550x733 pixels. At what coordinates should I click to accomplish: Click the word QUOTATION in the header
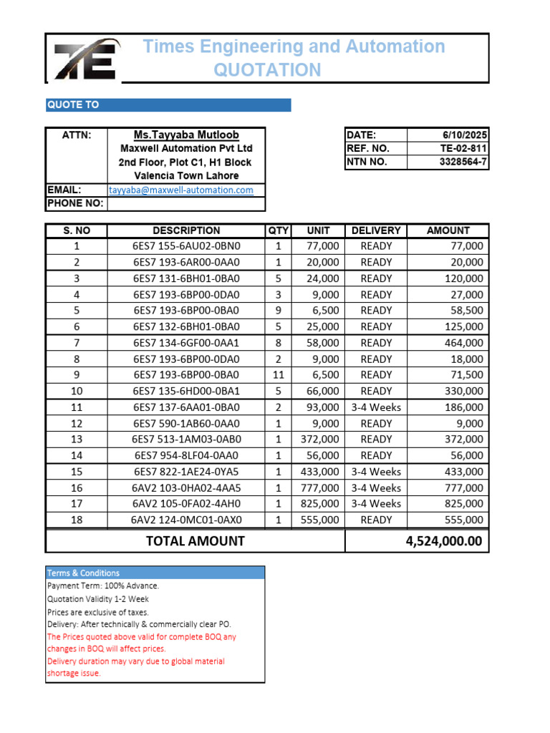tap(268, 70)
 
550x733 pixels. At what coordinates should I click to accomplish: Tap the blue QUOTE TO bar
tap(168, 105)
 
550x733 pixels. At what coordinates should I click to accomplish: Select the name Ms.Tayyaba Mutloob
tap(186, 135)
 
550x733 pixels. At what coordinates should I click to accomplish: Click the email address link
tap(181, 190)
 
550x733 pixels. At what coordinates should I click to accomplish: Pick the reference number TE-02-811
tap(463, 148)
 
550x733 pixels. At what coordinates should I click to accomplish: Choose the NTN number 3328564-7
tap(463, 162)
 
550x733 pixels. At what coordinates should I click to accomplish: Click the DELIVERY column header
tap(376, 230)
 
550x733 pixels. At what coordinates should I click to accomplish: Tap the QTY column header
tap(278, 230)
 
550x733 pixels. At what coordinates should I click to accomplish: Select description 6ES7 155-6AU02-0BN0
tap(186, 246)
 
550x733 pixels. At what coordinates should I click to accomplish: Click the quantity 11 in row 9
tap(278, 375)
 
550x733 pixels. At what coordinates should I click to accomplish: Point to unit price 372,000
tap(320, 440)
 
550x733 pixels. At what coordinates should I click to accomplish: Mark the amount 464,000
tap(464, 343)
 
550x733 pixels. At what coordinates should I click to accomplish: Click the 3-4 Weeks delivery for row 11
tap(376, 407)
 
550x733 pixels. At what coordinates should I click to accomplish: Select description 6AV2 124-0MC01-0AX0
tap(186, 520)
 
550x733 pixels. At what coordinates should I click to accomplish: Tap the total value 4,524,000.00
tap(444, 541)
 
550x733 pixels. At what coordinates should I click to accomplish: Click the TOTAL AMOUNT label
tap(195, 541)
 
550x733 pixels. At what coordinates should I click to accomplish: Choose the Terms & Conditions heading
tap(83, 573)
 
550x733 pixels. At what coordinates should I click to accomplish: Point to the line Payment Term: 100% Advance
tap(103, 586)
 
